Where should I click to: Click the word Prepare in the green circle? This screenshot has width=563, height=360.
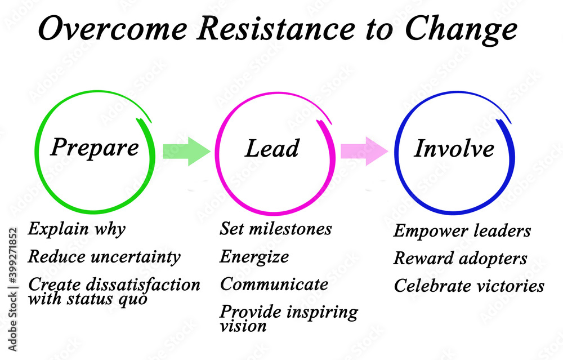tap(95, 147)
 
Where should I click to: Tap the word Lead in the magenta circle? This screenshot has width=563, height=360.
tap(272, 148)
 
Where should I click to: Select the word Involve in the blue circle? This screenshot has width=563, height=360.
tap(454, 148)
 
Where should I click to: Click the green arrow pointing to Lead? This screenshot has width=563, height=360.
tap(186, 151)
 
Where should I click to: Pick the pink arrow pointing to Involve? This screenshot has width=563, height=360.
tap(364, 151)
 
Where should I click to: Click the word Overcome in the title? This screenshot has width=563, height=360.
tap(113, 29)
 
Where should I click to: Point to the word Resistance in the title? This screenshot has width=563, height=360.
tap(276, 29)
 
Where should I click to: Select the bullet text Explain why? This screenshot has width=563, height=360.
tap(77, 229)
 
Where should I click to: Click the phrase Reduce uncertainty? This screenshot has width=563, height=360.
tap(104, 256)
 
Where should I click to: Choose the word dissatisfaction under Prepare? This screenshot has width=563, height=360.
tap(143, 284)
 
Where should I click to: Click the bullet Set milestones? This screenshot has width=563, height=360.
tap(276, 229)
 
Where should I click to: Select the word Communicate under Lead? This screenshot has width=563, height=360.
tap(274, 284)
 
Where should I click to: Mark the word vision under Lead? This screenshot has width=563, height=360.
tap(243, 326)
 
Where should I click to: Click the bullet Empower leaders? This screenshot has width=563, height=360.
tap(462, 231)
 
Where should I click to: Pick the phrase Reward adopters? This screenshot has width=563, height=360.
tap(461, 259)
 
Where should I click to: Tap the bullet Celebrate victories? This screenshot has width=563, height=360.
tap(469, 286)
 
